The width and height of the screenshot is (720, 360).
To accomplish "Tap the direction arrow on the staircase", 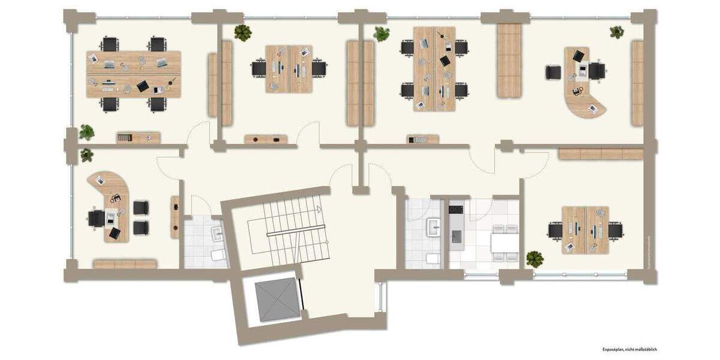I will [x=319, y=209].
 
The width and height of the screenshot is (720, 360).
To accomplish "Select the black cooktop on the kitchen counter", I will [x=455, y=209].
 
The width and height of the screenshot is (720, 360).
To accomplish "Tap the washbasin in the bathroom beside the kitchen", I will [x=433, y=226].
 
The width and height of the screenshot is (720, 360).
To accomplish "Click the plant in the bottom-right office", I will [x=534, y=259].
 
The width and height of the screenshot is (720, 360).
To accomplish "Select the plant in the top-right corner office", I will [x=617, y=32].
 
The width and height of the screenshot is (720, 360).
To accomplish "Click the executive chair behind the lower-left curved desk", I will [x=97, y=218].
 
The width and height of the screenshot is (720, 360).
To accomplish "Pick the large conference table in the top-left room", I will [x=134, y=74].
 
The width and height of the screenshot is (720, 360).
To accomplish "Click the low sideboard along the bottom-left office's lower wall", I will [x=125, y=264].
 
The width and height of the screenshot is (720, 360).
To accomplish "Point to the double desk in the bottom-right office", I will [x=585, y=230].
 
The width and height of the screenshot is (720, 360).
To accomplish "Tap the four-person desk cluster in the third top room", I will [x=434, y=69].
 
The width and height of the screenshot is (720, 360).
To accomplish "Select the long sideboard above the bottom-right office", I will [x=601, y=154].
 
